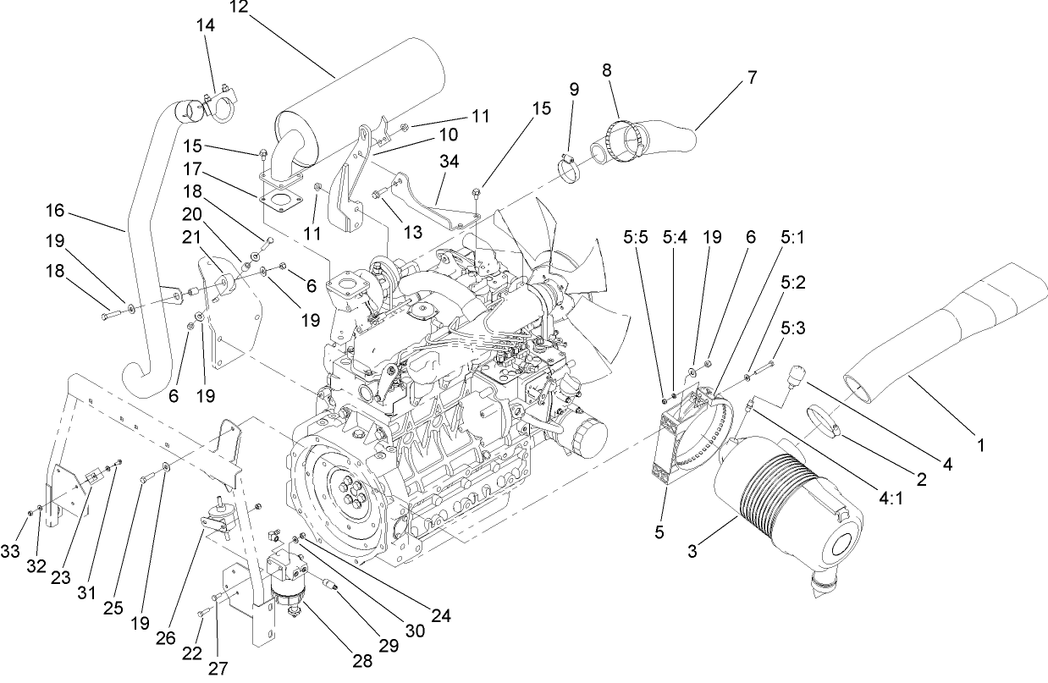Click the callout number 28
pos(362,661)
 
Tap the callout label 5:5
pos(635,240)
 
